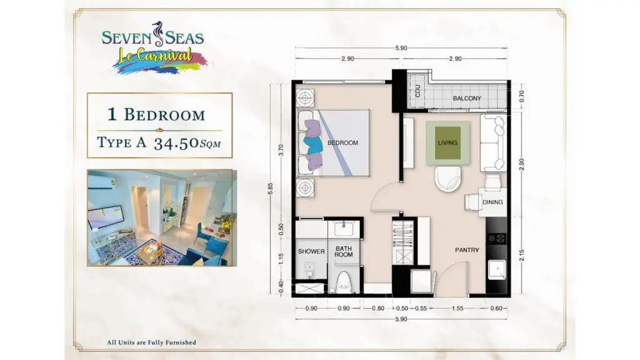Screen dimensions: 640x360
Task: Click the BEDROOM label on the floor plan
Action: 342,143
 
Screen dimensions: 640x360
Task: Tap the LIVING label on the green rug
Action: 447,143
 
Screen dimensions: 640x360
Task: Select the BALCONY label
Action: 466,98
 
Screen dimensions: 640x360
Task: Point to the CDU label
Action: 417,92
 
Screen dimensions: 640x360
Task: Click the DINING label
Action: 492,202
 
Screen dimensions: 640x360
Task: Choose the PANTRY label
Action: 467,250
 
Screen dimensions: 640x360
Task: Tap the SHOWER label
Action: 311,251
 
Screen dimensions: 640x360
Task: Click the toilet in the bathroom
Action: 344,282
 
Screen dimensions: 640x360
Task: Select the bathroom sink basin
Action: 344,229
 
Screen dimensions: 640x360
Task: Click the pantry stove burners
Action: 496,238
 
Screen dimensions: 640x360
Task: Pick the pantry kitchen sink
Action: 496,270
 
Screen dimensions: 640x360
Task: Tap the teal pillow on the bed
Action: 313,145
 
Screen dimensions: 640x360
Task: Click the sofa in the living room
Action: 493,142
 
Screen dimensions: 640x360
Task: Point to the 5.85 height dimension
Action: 270,189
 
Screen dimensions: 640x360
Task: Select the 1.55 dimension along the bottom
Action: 457,309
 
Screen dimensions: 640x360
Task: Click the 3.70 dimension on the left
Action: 281,150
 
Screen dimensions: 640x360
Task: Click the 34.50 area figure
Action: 176,143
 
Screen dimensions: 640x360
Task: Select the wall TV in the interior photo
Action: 106,217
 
